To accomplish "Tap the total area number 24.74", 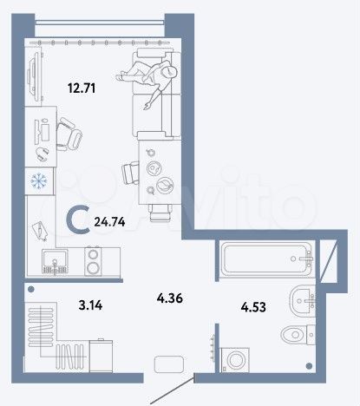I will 109,222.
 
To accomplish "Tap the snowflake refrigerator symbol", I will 38,182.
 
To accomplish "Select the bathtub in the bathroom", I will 265,257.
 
